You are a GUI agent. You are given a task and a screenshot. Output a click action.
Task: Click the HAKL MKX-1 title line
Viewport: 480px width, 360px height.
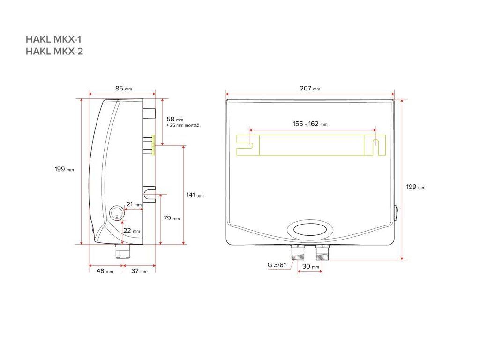point(53,39)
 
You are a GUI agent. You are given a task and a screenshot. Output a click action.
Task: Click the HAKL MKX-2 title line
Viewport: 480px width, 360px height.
point(54,51)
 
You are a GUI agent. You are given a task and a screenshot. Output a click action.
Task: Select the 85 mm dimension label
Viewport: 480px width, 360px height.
point(124,89)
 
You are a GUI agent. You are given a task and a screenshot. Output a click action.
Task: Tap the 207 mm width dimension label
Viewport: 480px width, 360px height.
point(310,89)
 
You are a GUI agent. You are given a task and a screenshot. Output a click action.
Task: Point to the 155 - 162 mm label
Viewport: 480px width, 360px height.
point(310,124)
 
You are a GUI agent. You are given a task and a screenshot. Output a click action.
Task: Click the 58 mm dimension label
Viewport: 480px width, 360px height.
point(175,119)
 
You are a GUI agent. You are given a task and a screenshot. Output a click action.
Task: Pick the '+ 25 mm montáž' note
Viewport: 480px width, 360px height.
point(183,126)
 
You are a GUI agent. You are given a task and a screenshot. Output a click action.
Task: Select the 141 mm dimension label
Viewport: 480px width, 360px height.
point(195,195)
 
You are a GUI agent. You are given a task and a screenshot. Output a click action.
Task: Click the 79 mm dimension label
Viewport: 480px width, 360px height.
point(172,218)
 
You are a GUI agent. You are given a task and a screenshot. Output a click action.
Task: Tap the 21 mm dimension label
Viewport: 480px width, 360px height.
point(134,204)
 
